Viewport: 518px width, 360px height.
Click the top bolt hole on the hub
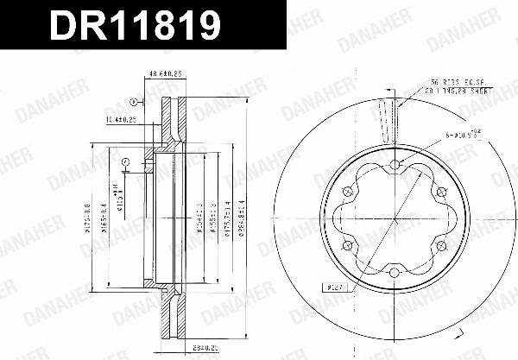point(395,165)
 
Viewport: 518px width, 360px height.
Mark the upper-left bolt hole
point(347,193)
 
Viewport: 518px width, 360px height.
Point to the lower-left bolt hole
point(347,247)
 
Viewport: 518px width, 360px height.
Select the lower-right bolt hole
point(441,247)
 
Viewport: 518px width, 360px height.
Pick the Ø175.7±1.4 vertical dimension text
point(226,220)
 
